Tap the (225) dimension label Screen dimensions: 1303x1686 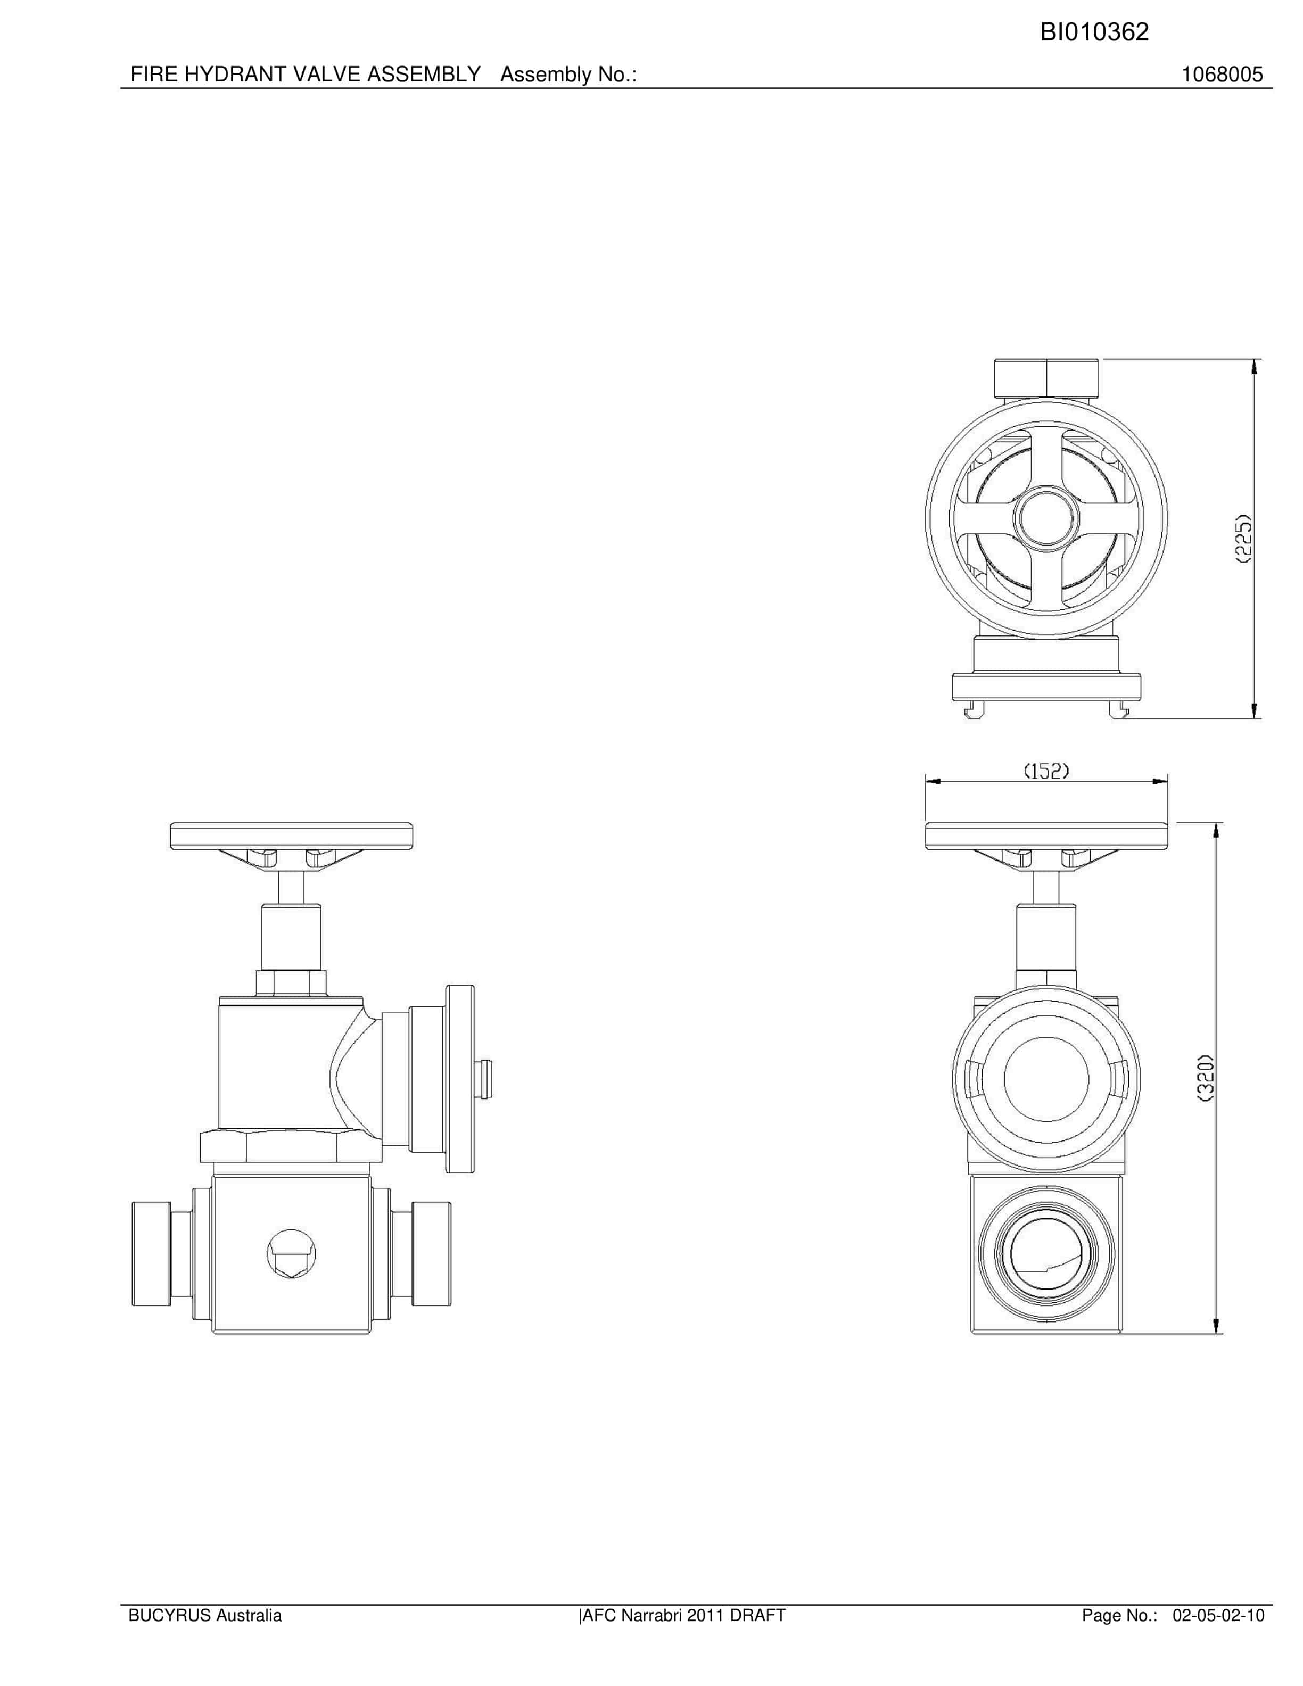point(1243,539)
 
